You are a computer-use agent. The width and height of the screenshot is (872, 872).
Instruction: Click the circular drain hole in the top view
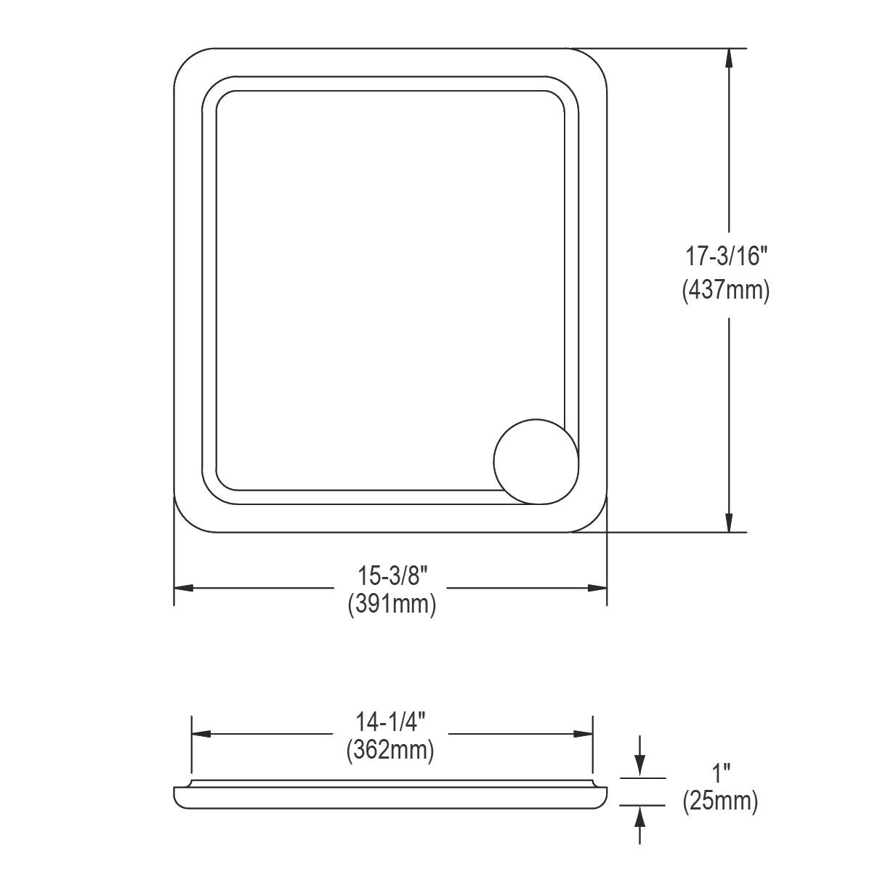pyautogui.click(x=536, y=461)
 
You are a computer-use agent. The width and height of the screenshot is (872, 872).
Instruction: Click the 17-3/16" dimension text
pyautogui.click(x=727, y=257)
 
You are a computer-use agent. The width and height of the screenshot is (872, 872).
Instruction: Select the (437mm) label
pyautogui.click(x=726, y=291)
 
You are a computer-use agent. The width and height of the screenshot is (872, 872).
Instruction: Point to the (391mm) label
pyautogui.click(x=392, y=604)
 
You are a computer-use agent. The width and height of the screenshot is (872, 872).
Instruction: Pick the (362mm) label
pyautogui.click(x=390, y=749)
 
